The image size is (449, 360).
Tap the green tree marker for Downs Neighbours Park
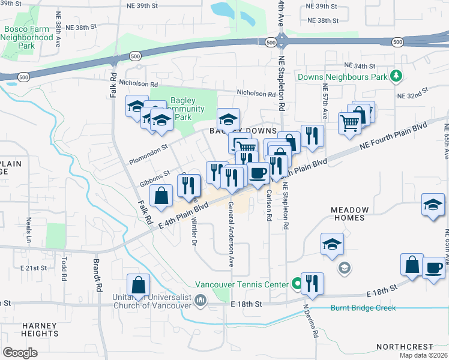396,76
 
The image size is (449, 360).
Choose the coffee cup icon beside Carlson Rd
258,173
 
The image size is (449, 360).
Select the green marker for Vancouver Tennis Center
297,284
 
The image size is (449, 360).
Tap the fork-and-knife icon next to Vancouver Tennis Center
312,284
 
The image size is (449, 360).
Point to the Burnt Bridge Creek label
363,308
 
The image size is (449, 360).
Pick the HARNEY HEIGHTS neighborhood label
40,329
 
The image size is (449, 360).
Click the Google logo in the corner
20,352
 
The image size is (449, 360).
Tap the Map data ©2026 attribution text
423,355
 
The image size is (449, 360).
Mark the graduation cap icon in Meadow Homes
332,245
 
